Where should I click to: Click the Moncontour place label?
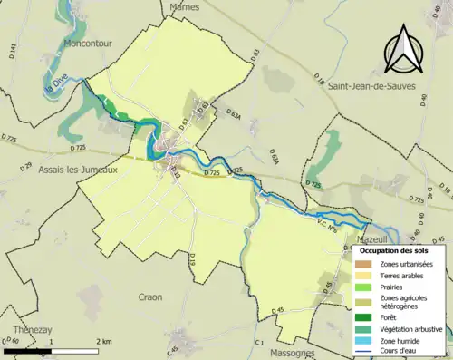pyautogui.click(x=91, y=43)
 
